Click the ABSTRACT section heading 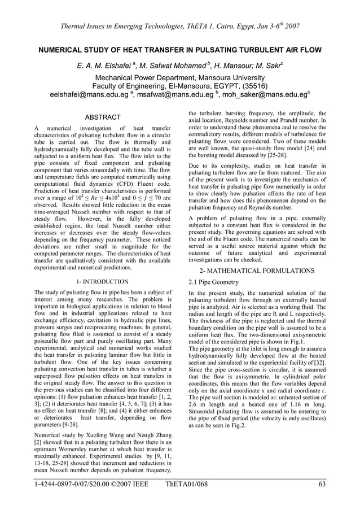point(102,117)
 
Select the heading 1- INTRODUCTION point(102,281)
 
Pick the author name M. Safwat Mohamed point(169,67)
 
